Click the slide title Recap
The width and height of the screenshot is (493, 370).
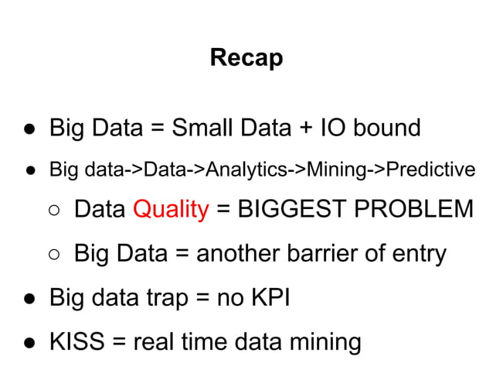[x=246, y=57]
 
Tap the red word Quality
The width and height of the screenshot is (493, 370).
[x=171, y=210]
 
